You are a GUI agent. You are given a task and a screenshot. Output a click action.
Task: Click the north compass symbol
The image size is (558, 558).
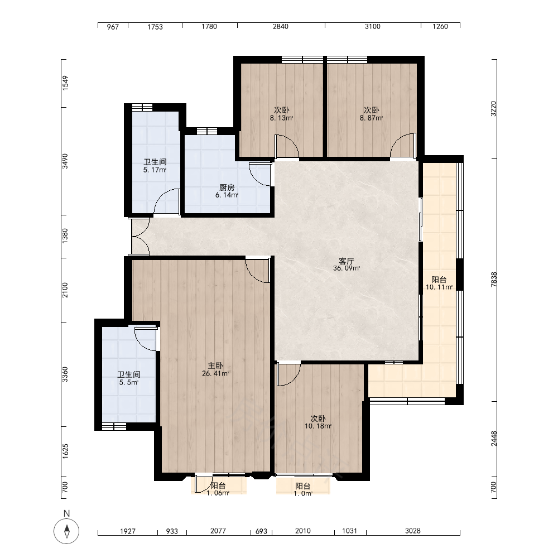(66, 531)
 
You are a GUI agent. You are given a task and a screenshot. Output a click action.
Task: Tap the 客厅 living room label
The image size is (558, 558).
(347, 261)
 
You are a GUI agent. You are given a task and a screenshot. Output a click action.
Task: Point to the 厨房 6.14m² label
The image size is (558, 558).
(227, 191)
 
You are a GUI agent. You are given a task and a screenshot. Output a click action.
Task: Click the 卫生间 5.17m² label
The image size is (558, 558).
(155, 166)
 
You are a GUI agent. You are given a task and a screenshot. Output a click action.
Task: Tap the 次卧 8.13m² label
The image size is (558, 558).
(281, 114)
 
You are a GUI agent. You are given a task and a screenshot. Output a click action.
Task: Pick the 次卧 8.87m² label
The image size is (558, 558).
(371, 114)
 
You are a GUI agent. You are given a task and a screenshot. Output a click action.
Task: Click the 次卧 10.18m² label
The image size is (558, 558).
(318, 422)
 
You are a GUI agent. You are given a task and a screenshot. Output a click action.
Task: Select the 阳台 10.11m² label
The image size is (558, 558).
(439, 283)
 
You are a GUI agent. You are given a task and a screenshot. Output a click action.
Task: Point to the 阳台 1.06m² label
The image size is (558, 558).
(218, 489)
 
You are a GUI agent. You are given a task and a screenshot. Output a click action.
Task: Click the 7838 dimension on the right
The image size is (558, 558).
(494, 280)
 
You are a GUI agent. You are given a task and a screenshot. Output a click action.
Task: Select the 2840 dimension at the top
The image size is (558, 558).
(281, 26)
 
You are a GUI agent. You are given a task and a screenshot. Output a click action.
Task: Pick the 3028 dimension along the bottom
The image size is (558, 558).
(413, 531)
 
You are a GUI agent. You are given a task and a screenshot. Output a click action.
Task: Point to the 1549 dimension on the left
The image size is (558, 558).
(65, 83)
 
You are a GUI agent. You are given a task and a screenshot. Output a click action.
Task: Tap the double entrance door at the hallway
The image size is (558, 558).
(140, 236)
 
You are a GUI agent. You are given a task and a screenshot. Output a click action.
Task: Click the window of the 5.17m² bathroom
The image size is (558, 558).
(142, 108)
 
